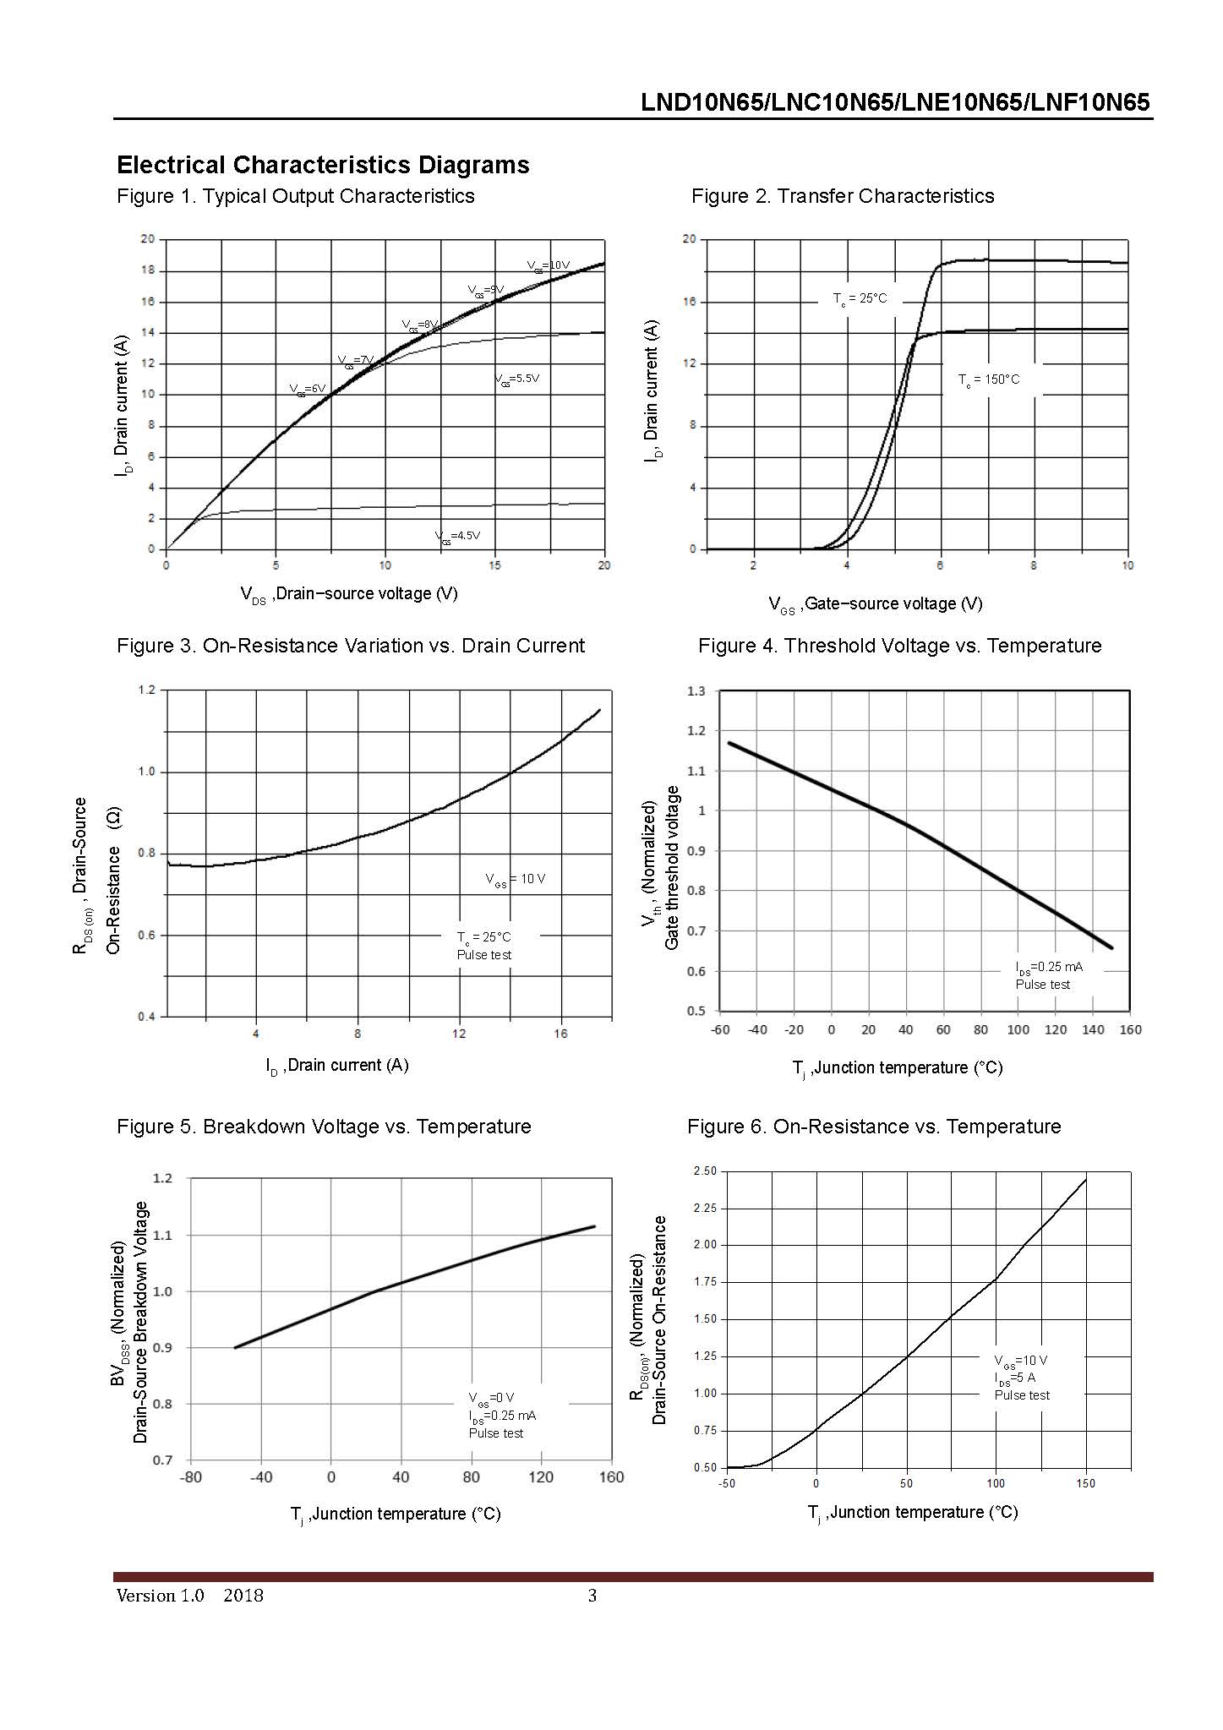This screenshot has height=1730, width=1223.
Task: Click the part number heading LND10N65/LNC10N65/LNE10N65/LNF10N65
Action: pyautogui.click(x=895, y=102)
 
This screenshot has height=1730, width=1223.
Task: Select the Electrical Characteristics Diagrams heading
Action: pyautogui.click(x=323, y=165)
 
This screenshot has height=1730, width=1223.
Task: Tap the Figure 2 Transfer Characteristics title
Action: pyautogui.click(x=842, y=196)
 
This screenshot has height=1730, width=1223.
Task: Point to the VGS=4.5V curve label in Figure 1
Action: pyautogui.click(x=457, y=536)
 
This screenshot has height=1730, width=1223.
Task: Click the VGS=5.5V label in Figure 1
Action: pyautogui.click(x=516, y=379)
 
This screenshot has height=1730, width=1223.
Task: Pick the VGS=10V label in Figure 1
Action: pyautogui.click(x=549, y=265)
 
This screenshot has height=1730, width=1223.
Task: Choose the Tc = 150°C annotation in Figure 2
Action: pyautogui.click(x=989, y=379)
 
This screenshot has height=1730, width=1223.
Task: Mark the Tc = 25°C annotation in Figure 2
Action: pyautogui.click(x=860, y=298)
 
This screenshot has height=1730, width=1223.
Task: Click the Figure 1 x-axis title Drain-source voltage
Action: pyautogui.click(x=349, y=594)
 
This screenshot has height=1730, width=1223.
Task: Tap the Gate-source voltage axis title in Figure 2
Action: pyautogui.click(x=875, y=603)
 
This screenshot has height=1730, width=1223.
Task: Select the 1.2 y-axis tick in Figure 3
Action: pyautogui.click(x=147, y=690)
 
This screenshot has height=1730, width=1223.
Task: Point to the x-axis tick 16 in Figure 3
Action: pyautogui.click(x=560, y=1034)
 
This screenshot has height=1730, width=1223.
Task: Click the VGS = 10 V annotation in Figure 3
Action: pyautogui.click(x=516, y=879)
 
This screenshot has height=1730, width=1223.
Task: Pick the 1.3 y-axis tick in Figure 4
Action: pyautogui.click(x=696, y=691)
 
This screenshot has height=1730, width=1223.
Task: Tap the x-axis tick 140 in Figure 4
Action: pyautogui.click(x=1093, y=1029)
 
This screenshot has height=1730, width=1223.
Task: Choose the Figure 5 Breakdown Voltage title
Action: pyautogui.click(x=324, y=1127)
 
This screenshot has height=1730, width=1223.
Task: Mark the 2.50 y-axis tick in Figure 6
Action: pyautogui.click(x=704, y=1171)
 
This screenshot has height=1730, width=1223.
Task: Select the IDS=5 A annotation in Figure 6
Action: pyautogui.click(x=1014, y=1378)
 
